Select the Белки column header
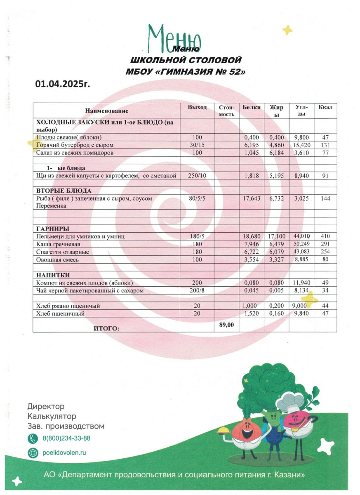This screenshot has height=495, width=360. click(x=252, y=107)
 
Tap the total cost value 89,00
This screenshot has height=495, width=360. click(x=226, y=325)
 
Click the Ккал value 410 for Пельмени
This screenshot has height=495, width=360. click(x=325, y=236)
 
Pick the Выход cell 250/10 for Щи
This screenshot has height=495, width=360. click(x=197, y=176)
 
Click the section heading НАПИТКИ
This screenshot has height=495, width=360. click(x=53, y=275)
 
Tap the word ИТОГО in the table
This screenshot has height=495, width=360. click(x=106, y=328)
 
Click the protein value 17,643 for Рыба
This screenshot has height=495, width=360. click(x=252, y=198)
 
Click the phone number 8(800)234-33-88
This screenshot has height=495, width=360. click(x=66, y=438)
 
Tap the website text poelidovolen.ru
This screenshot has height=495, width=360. click(x=64, y=452)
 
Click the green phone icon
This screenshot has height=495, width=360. click(x=33, y=438)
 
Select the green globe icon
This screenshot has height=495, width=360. click(x=33, y=452)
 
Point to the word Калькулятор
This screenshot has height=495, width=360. click(x=52, y=416)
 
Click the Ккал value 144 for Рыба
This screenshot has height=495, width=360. click(x=325, y=198)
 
